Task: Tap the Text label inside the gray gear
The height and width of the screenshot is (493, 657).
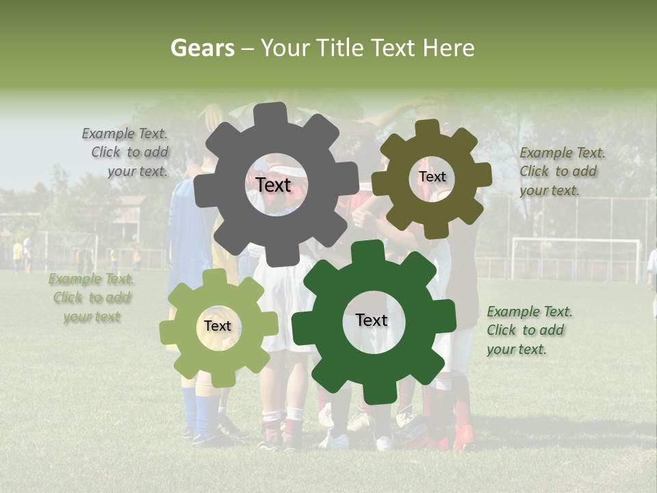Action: [273, 185]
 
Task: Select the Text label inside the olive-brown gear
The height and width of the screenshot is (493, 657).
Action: [432, 177]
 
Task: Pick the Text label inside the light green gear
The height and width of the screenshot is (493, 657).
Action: [218, 326]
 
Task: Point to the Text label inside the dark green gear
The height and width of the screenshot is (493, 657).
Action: [372, 320]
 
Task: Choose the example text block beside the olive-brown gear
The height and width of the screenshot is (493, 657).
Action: [561, 171]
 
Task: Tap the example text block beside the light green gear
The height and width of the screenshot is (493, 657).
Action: [91, 298]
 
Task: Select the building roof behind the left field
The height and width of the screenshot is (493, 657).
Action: [130, 201]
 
